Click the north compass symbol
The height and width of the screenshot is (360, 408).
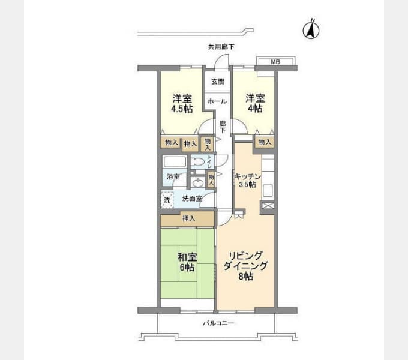(x=311, y=30)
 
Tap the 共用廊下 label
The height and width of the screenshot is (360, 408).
(x=221, y=47)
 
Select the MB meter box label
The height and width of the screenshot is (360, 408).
(x=275, y=62)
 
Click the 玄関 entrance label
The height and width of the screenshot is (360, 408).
(x=218, y=82)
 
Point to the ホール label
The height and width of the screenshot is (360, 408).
(x=217, y=101)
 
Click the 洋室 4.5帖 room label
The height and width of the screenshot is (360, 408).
(x=182, y=103)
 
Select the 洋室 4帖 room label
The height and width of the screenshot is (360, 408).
(x=255, y=103)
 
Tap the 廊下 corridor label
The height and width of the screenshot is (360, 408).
(x=223, y=127)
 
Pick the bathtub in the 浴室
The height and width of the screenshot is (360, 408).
(x=175, y=162)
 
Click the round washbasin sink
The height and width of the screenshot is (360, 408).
(x=198, y=183)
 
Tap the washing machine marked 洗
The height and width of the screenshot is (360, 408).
(x=167, y=200)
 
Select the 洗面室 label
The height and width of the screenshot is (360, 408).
(x=192, y=199)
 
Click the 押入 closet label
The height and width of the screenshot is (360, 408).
(x=188, y=218)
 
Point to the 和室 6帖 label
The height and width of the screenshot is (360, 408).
(x=187, y=262)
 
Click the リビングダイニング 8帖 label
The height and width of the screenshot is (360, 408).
(x=245, y=266)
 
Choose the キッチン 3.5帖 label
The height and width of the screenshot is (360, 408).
(x=247, y=181)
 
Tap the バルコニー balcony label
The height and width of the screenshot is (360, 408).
(x=218, y=323)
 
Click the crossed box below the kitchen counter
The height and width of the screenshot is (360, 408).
(x=268, y=206)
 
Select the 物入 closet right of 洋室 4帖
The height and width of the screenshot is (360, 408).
(x=265, y=142)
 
